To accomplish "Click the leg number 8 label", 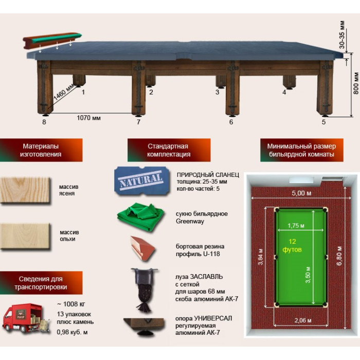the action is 44,122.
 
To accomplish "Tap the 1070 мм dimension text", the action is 88,118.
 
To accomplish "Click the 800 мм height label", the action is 356,83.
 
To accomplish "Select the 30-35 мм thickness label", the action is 342,34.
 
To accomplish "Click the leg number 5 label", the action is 323,122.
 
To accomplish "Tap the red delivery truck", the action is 26,318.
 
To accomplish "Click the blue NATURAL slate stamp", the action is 142,181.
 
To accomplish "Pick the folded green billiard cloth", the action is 141,217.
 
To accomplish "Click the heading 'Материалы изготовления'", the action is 41,150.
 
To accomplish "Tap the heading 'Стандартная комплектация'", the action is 169,150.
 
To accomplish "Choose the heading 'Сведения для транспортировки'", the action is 41,283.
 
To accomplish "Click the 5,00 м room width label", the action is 301,193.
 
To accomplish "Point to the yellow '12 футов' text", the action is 292,245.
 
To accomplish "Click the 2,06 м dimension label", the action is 303,320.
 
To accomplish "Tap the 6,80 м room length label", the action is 339,256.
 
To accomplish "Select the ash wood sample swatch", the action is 25,190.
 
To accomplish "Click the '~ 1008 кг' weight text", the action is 71,304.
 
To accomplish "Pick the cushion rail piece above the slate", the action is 52,40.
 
